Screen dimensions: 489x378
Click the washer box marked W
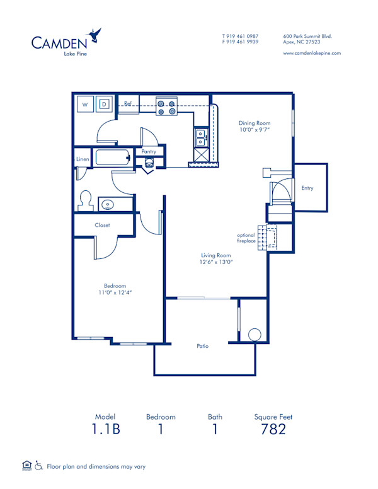coord(85,104)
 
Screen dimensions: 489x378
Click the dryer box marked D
coord(105,104)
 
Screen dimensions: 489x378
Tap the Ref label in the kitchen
coord(127,103)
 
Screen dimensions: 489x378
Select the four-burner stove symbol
coord(166,108)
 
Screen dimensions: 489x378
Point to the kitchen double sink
coord(200,134)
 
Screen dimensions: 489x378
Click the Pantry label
coord(149,152)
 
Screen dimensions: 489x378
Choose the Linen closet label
coord(83,159)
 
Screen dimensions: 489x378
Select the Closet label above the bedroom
coord(103,225)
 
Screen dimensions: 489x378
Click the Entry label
coord(307,188)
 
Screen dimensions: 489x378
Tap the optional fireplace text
coord(246,238)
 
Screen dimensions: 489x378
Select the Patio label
coord(202,346)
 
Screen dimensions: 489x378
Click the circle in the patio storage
coord(255,335)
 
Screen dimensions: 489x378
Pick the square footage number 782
coord(273,429)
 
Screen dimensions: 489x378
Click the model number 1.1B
coord(105,429)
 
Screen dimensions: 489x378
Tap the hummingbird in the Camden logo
coord(96,34)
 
